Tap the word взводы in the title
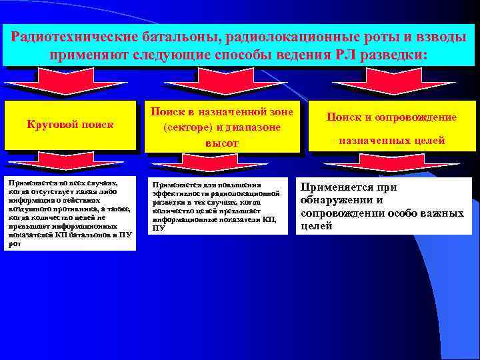[441, 37]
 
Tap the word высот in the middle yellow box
[221, 143]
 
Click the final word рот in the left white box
[14, 244]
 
